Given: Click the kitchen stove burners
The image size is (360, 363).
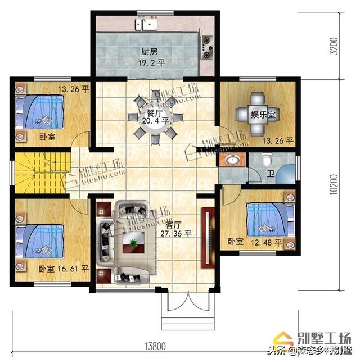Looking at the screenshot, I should click(207, 47).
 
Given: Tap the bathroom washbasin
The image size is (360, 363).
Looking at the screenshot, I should click(231, 161).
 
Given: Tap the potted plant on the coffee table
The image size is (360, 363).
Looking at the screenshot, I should click(133, 243).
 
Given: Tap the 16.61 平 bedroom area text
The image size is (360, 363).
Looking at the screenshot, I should click(74, 269).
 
